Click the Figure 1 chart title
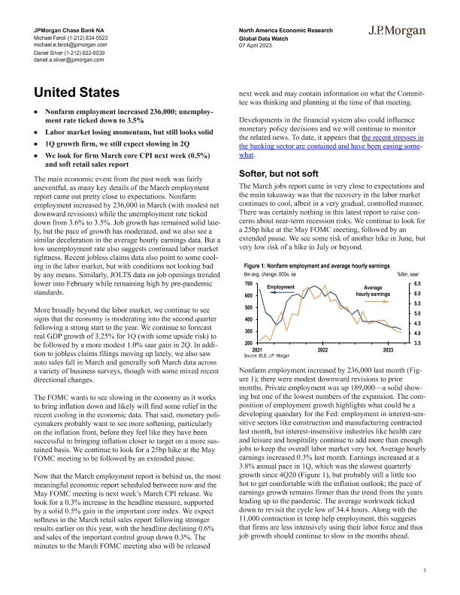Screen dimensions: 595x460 tap(316, 266)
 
